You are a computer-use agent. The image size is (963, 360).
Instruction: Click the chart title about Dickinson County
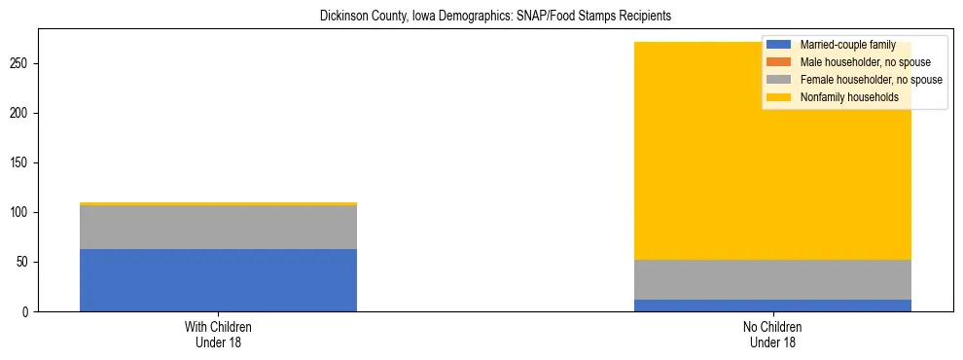click(495, 17)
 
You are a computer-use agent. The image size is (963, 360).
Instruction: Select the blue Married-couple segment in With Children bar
click(218, 280)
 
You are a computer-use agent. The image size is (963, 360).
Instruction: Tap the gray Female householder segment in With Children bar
click(218, 227)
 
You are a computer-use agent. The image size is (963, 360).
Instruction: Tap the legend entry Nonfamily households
click(849, 97)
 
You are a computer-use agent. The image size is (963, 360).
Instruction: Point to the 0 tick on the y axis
click(27, 312)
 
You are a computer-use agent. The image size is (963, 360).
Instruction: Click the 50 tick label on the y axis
click(24, 263)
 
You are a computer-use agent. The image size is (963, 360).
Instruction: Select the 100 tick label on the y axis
click(21, 213)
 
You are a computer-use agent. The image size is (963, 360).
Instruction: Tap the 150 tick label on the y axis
click(21, 163)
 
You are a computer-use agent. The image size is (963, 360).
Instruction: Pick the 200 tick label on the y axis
click(21, 114)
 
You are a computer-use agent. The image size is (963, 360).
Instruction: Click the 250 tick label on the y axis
click(21, 64)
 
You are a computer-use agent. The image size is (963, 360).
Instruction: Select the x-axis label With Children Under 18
click(218, 335)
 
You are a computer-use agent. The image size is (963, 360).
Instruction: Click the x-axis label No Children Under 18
click(772, 335)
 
